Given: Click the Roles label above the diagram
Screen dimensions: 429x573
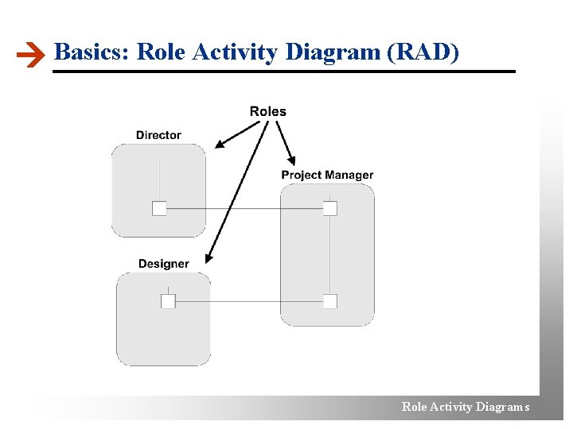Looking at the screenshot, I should (x=267, y=111).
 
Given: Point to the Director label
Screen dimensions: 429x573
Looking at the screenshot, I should (x=158, y=135).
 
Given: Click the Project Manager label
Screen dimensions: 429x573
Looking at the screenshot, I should (x=327, y=175).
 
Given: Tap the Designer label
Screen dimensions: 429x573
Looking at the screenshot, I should (x=163, y=264).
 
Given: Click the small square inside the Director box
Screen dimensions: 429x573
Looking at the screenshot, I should (x=159, y=208).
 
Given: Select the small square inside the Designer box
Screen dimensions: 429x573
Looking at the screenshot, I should (x=168, y=301).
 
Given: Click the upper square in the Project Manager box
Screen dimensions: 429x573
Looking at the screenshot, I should (x=330, y=208).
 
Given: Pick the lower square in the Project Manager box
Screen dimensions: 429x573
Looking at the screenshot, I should (x=330, y=301).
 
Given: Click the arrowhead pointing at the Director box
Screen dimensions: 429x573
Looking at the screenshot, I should (x=219, y=145).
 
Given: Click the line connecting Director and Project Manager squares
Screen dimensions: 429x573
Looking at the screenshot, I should (x=244, y=208).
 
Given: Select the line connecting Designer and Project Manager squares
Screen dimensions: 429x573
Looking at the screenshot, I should (x=248, y=301).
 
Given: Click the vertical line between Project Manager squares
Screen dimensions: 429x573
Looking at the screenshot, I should (x=330, y=254).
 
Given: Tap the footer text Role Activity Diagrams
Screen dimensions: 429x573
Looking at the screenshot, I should (x=466, y=407).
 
